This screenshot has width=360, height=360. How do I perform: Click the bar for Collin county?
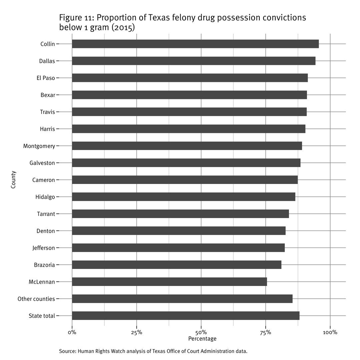195,44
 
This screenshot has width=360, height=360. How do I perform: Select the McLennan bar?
169,282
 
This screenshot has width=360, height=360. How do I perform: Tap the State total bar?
185,316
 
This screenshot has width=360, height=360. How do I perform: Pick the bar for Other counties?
182,299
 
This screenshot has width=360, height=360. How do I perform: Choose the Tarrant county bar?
180,214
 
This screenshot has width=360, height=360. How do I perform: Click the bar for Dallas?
193,61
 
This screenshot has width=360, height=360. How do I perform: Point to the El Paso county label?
46,78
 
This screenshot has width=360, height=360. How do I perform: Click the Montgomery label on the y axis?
39,146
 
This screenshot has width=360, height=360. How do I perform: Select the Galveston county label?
42,163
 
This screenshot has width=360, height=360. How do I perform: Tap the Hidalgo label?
45,197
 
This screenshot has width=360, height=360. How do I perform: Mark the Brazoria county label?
44,265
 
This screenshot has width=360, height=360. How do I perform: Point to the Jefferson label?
44,248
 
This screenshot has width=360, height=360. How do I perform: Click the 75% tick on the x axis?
266,332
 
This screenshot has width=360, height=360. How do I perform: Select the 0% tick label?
72,332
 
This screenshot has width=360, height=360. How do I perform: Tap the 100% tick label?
330,332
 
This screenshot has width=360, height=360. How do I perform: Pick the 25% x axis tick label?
137,332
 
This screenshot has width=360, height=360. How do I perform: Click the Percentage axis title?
202,339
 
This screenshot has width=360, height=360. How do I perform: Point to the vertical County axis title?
13,180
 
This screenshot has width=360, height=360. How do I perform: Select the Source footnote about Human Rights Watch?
153,351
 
